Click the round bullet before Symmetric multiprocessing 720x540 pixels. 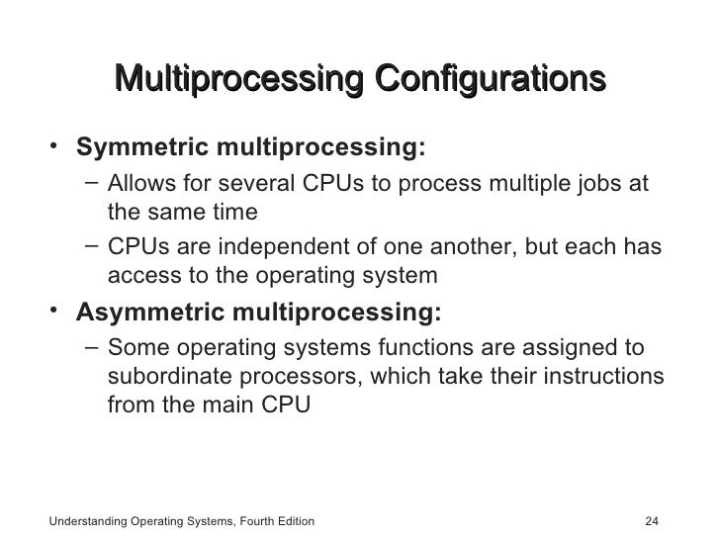click(x=56, y=147)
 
